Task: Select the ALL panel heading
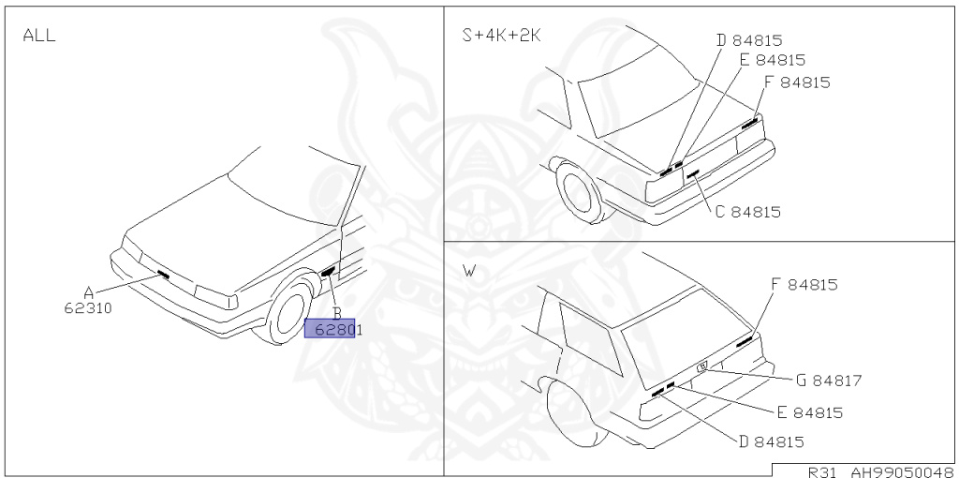coord(38,36)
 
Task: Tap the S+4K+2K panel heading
coord(501,36)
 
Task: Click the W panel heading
coord(469,272)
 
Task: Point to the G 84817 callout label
coord(828,381)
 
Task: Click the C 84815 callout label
coord(746,212)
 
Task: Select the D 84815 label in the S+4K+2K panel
coord(748,40)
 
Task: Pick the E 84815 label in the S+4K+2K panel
coord(771,60)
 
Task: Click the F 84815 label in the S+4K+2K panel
coord(796,82)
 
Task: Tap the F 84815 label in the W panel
coord(804,284)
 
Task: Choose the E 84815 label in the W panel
coord(809,412)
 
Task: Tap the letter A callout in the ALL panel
coord(88,291)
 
